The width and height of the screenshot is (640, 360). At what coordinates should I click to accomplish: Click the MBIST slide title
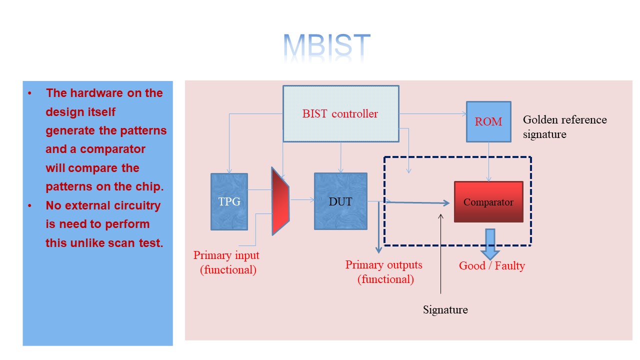coord(327,47)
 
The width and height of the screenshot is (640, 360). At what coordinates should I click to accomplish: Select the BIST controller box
coord(340,113)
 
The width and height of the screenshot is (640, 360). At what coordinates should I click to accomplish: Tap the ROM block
coord(488,121)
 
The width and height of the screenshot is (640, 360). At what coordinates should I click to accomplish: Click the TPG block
coord(229,201)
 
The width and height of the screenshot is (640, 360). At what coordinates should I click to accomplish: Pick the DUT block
coord(340,201)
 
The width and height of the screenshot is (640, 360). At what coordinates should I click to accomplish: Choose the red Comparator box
coord(488,202)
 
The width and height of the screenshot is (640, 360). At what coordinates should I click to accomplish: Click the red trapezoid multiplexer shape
coord(280,201)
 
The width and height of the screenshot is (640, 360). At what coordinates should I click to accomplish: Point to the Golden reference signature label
coord(564,127)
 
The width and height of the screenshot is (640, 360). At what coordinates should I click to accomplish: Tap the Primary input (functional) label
coord(226,262)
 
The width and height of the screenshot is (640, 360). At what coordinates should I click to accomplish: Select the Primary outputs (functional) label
coord(384,272)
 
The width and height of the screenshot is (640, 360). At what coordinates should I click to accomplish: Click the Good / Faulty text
coord(492,265)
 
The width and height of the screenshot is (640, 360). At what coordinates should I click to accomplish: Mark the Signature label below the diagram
coord(445,309)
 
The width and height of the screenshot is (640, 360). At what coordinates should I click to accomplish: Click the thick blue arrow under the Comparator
coord(490,243)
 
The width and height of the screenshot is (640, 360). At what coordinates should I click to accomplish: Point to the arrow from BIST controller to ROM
coord(432,114)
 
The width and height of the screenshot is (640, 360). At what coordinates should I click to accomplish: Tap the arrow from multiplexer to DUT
coord(302,200)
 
